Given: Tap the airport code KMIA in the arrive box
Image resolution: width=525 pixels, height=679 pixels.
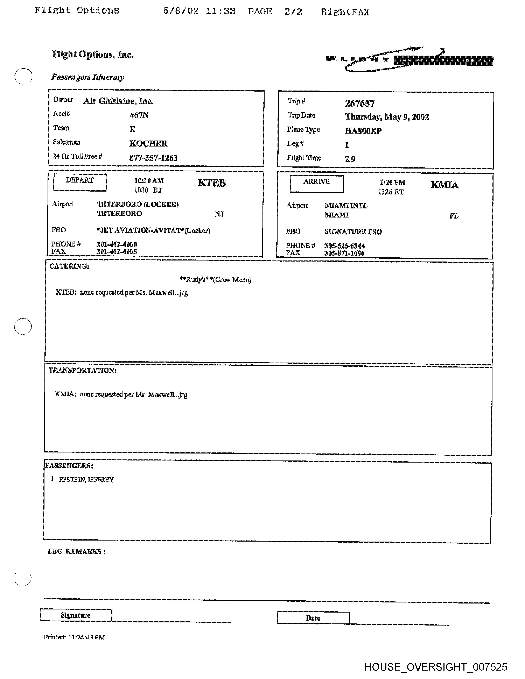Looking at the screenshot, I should click(x=444, y=185).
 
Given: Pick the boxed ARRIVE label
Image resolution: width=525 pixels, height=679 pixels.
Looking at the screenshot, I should click(x=317, y=183).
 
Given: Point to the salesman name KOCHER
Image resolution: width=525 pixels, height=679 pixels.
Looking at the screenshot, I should click(x=148, y=143).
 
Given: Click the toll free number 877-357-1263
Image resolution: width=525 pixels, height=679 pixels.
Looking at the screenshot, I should click(x=153, y=158).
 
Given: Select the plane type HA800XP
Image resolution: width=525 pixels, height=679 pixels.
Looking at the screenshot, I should click(x=363, y=131).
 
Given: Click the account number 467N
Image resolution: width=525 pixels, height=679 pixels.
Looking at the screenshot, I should click(x=139, y=115).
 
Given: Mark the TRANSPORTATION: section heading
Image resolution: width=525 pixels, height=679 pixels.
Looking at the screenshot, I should click(x=82, y=370).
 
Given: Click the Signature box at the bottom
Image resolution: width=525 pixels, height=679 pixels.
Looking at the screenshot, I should click(x=76, y=615).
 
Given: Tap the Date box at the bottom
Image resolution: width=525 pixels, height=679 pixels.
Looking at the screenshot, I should click(x=313, y=618).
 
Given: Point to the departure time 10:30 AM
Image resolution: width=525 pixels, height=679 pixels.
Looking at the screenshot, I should click(x=149, y=181).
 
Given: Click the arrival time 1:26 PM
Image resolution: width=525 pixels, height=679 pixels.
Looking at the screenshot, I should click(x=392, y=183).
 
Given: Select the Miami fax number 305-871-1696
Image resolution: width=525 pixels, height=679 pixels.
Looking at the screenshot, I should click(x=344, y=253).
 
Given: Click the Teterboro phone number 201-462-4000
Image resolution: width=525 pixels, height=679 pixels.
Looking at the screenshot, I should click(x=117, y=244).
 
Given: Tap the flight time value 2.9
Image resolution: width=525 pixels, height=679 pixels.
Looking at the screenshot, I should click(x=350, y=159).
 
